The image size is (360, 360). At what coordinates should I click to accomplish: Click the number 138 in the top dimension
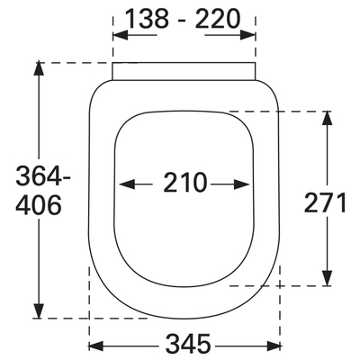pyautogui.click(x=147, y=19)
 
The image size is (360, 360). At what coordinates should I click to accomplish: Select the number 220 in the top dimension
pyautogui.click(x=218, y=19)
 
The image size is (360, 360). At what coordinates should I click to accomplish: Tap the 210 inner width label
pyautogui.click(x=185, y=183)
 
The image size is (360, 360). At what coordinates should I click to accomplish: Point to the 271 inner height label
pyautogui.click(x=326, y=202)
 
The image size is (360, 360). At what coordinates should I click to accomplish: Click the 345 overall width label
pyautogui.click(x=189, y=344)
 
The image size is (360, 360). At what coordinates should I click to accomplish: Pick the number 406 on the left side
pyautogui.click(x=39, y=205)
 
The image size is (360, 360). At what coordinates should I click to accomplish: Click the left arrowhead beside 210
pyautogui.click(x=127, y=184)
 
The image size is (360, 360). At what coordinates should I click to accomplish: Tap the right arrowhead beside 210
pyautogui.click(x=242, y=184)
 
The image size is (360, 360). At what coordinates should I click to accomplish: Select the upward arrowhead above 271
pyautogui.click(x=327, y=119)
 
